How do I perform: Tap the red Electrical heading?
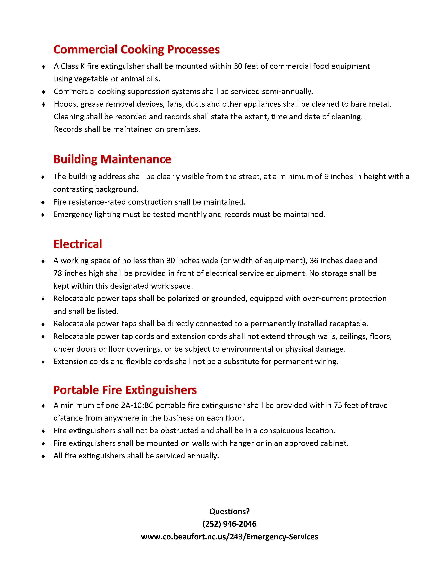[78, 244]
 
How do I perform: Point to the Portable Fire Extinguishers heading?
[125, 390]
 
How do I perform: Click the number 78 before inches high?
[58, 273]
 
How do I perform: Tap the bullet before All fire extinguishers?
[43, 456]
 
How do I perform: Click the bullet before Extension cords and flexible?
[43, 362]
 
